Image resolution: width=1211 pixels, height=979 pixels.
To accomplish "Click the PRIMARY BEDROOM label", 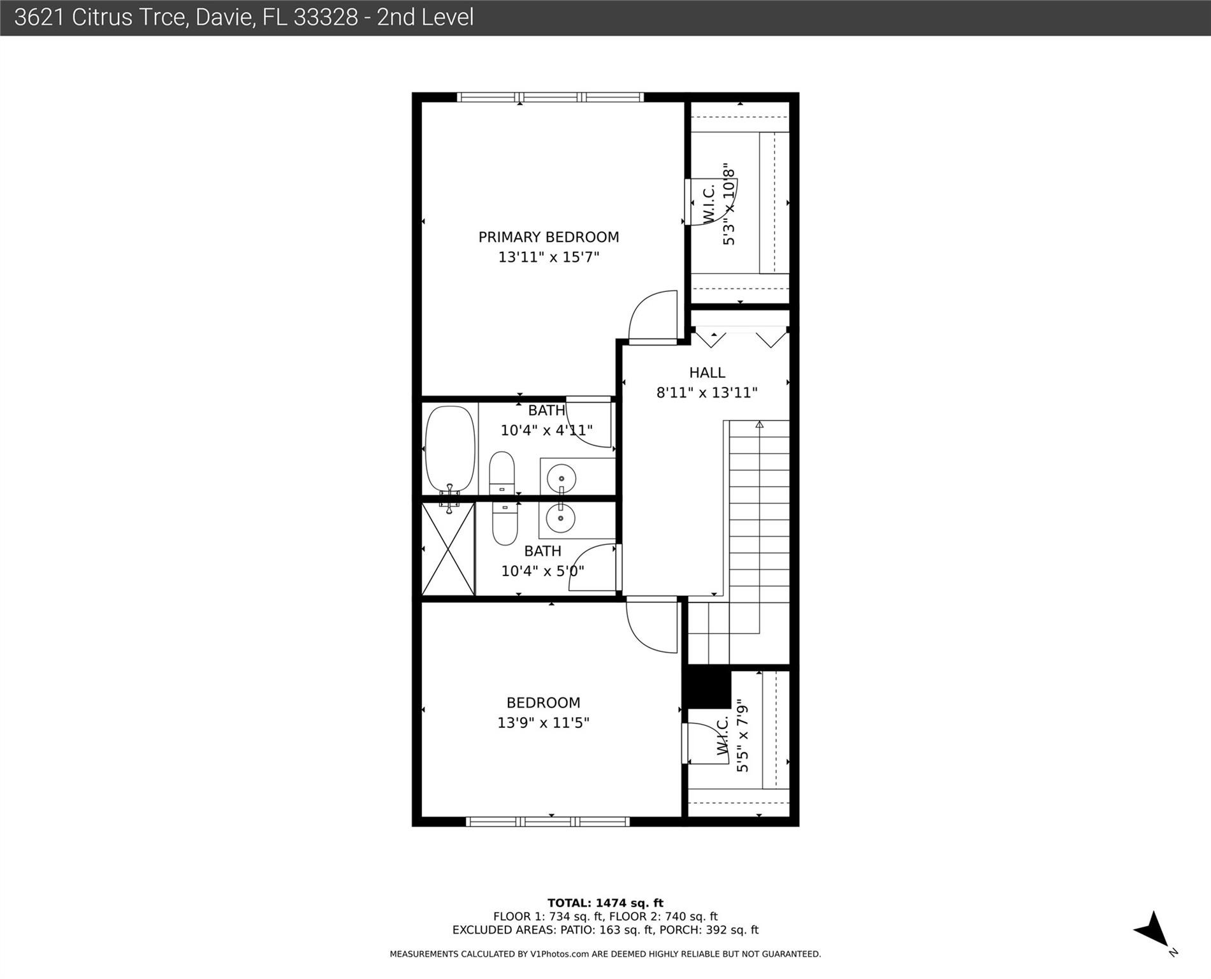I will [548, 237].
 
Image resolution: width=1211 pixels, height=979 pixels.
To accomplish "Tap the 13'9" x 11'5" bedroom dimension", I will [543, 723].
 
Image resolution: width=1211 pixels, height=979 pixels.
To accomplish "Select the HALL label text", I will [707, 372].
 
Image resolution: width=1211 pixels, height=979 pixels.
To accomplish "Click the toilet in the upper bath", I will [502, 472].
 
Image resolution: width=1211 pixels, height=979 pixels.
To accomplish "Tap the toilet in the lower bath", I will [505, 525].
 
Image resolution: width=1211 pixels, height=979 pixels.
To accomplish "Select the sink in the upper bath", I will [562, 477].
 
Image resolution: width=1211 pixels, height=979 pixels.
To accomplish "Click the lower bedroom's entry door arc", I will [650, 628].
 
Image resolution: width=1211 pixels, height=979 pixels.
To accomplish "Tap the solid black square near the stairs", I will [706, 686].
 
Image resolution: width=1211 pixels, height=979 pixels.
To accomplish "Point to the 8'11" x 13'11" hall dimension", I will [707, 393].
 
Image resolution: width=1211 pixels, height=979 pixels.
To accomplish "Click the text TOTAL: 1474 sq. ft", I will [605, 903].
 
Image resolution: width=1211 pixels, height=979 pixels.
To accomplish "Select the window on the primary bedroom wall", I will [551, 98].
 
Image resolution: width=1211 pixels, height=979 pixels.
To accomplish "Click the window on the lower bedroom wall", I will [548, 822].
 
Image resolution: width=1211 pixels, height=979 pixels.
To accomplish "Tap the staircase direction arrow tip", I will [759, 424].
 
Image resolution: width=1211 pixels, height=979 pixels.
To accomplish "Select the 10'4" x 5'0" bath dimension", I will [542, 571].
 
